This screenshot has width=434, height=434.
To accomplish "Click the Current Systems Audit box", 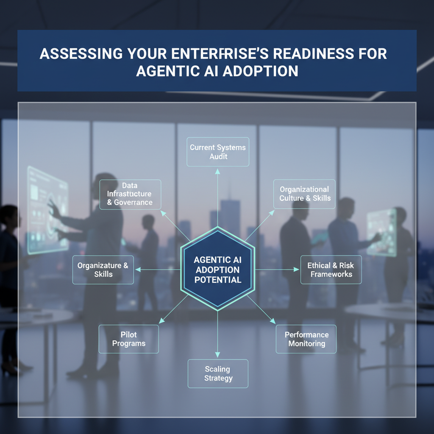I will tap(218, 152).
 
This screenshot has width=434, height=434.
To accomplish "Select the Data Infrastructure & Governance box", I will tap(130, 194).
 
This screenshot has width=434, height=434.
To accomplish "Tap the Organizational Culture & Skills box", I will tap(305, 194).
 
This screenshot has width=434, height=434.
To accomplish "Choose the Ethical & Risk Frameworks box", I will tap(331, 270).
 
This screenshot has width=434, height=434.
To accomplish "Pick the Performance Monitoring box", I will tap(306, 339).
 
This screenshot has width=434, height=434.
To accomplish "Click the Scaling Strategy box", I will tap(218, 373).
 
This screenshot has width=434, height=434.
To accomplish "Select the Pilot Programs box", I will tap(128, 339).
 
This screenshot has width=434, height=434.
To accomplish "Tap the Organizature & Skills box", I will tap(103, 270).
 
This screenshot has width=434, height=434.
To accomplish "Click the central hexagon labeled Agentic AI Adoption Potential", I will tap(217, 270).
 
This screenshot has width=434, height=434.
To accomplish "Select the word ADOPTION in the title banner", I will tap(260, 71).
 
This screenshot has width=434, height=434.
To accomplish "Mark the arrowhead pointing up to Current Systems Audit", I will tap(217, 171).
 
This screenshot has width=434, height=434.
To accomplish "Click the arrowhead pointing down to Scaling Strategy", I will tap(217, 354).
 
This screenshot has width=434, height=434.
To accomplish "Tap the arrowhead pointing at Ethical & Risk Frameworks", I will tap(296, 270).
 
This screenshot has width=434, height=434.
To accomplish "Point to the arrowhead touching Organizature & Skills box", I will tap(137, 270).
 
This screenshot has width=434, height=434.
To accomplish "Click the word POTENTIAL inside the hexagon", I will tap(217, 280).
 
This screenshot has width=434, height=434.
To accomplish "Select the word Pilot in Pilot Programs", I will tap(128, 335).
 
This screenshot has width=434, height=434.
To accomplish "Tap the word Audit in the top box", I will tap(218, 156).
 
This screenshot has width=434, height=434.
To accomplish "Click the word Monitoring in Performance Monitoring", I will tap(306, 343).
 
